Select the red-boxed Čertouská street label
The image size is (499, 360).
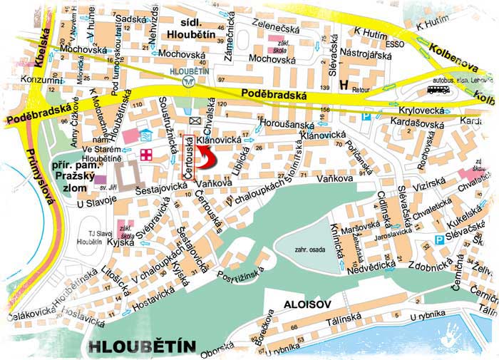[x=187, y=152]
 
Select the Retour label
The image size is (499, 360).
[x=364, y=91]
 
